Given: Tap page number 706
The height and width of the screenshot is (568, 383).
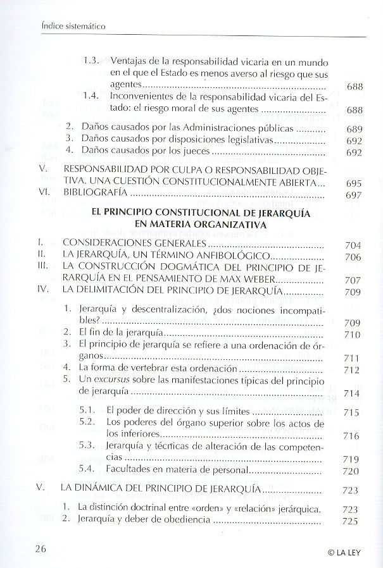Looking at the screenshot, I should pos(353,257).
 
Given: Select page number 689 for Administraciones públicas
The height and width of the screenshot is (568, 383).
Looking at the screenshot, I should pos(353,129).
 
